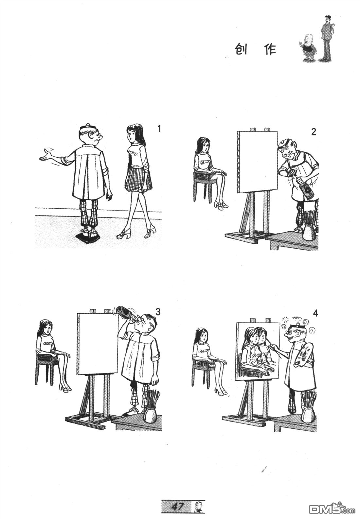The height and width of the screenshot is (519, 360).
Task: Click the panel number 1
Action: point(159,129)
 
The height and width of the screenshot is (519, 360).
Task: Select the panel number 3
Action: point(158,312)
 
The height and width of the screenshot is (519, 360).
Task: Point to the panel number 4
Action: point(315,313)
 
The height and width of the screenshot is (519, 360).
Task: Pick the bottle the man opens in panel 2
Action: point(306,186)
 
